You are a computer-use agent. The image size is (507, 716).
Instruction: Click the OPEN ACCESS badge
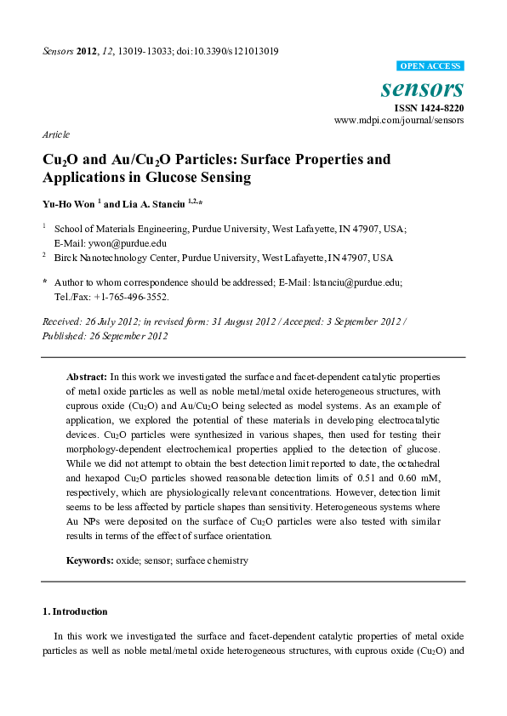click(x=430, y=65)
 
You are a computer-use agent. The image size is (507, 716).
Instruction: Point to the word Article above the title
click(x=55, y=134)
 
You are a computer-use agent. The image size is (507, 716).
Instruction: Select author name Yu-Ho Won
click(x=69, y=205)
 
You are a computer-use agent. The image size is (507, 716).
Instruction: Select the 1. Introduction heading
click(x=75, y=611)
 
